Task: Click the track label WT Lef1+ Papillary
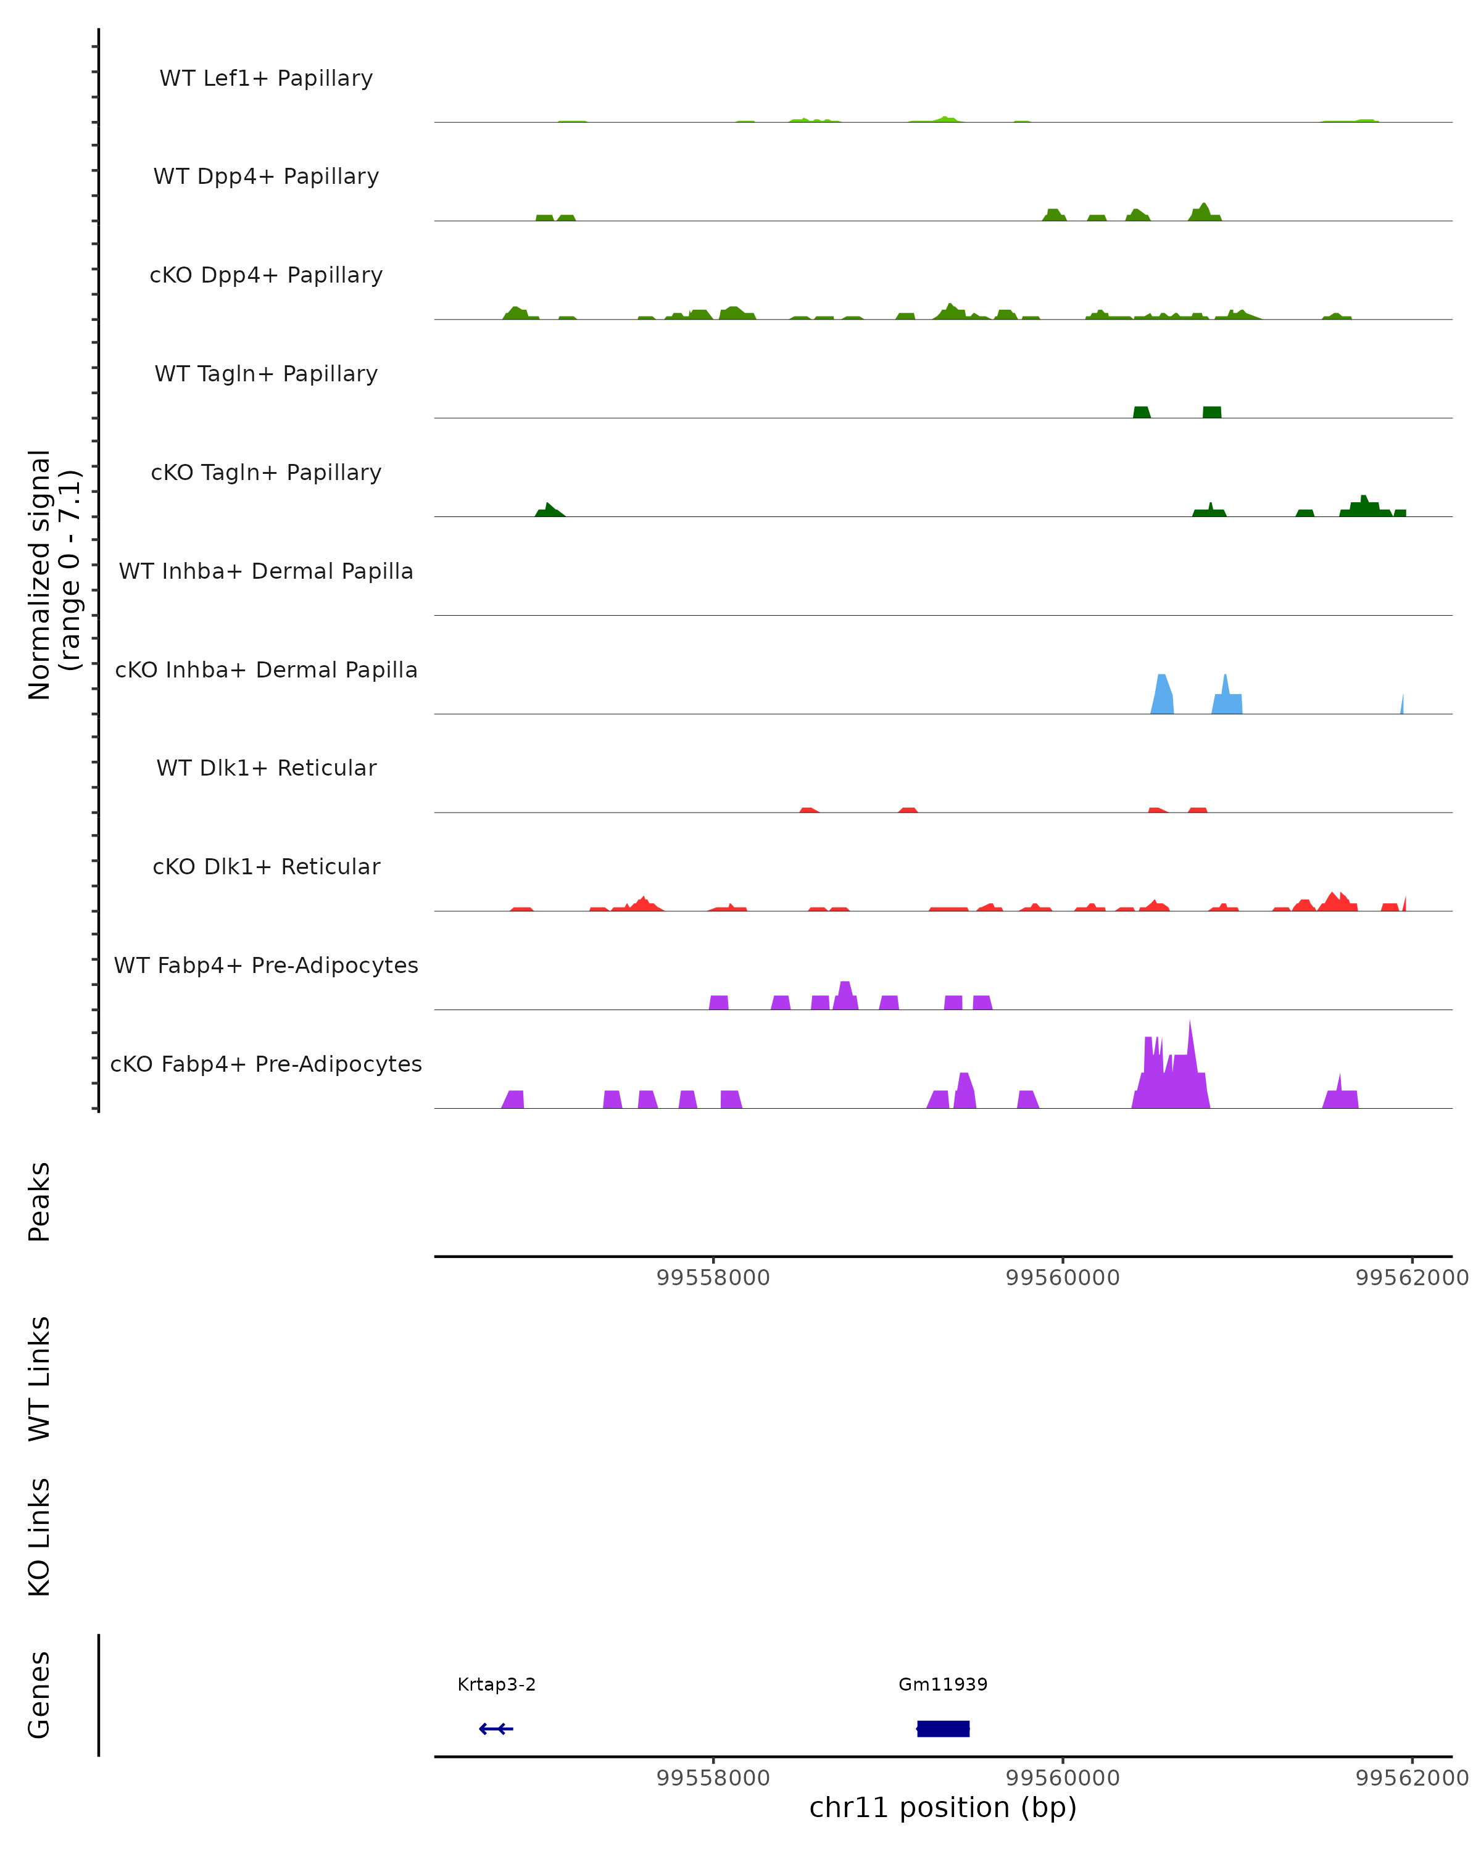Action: [266, 78]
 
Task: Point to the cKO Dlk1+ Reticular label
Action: [266, 866]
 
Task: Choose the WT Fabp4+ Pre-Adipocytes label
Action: [266, 965]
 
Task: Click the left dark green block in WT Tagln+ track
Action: [1141, 412]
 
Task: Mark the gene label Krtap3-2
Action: [496, 1684]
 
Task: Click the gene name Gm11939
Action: [943, 1684]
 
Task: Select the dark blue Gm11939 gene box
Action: [943, 1728]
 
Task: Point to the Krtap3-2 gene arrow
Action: [496, 1728]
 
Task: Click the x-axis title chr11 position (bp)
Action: [943, 1807]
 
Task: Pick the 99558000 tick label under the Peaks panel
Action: [713, 1278]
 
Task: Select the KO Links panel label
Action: [39, 1537]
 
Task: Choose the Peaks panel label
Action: [39, 1201]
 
